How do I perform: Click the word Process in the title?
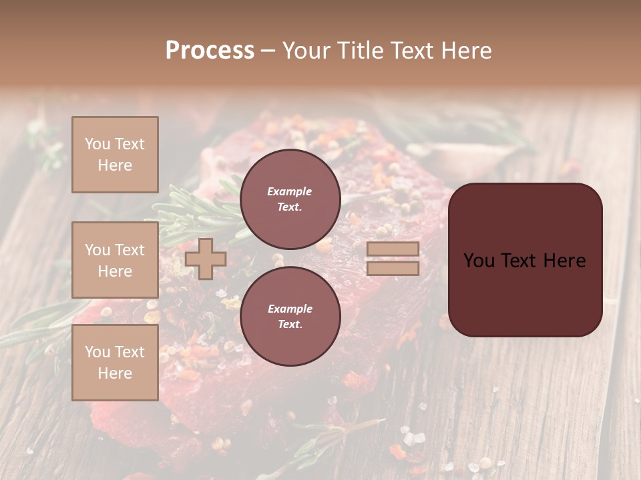click(210, 51)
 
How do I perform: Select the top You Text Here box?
click(115, 155)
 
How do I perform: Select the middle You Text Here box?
click(115, 260)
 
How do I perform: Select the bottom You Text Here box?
click(115, 363)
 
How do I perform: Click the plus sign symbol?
click(206, 259)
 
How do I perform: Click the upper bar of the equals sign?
click(393, 249)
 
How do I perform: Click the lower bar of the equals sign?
click(393, 268)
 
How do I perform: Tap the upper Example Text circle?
click(290, 199)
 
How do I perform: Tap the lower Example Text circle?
click(290, 316)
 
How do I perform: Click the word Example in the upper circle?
click(290, 191)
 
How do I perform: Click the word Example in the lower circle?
click(290, 309)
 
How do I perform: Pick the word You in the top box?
click(97, 144)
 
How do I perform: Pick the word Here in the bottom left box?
click(115, 373)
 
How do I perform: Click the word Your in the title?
click(304, 51)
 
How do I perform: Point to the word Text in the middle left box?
click(129, 250)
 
